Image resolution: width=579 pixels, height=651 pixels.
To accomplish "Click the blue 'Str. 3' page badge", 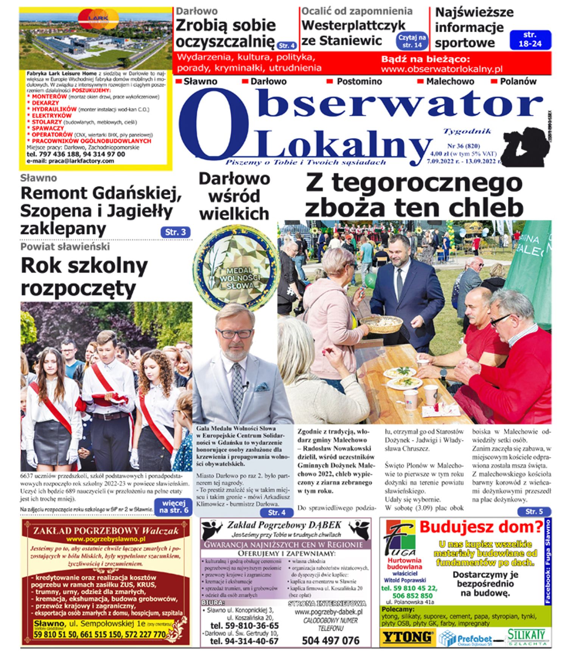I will [x=175, y=232].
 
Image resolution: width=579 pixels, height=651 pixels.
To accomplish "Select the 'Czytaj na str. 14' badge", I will [x=412, y=41].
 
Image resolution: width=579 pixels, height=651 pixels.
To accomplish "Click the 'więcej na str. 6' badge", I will [x=173, y=507].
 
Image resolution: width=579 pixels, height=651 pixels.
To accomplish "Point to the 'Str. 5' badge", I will [x=534, y=512].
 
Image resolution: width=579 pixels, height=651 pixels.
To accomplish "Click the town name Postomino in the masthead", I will [x=359, y=81].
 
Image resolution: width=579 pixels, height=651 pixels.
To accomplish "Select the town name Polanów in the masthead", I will [x=518, y=81].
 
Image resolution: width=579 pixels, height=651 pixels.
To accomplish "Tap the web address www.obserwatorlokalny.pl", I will [x=442, y=69].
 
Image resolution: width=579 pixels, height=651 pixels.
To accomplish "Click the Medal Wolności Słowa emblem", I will [x=237, y=267].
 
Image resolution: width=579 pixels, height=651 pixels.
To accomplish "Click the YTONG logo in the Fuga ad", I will [x=408, y=637].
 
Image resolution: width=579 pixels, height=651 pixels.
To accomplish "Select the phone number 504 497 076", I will [x=330, y=640].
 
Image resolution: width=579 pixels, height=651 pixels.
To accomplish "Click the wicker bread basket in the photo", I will [x=381, y=324].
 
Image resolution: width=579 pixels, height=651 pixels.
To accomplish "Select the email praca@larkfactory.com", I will [x=70, y=161].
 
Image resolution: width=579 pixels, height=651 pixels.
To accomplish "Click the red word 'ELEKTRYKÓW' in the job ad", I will [x=51, y=115].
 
